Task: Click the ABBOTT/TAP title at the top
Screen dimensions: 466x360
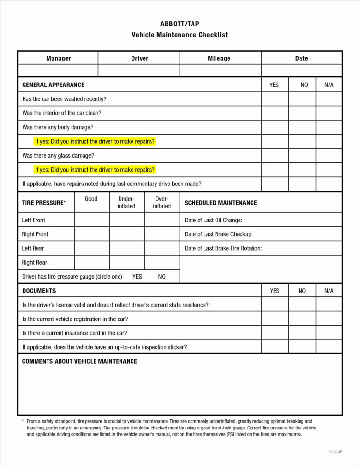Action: pyautogui.click(x=180, y=24)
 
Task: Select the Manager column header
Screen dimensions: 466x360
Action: pyautogui.click(x=58, y=58)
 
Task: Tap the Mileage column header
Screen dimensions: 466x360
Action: pyautogui.click(x=219, y=58)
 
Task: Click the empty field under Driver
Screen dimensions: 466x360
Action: pyautogui.click(x=139, y=71)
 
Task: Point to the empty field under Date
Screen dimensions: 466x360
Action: pyautogui.click(x=301, y=71)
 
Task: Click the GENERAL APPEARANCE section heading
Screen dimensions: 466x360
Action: pyautogui.click(x=53, y=85)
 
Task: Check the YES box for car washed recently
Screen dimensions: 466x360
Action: pyautogui.click(x=275, y=99)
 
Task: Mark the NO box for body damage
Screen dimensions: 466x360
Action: pyautogui.click(x=302, y=127)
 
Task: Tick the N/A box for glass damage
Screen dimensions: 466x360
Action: pyautogui.click(x=329, y=156)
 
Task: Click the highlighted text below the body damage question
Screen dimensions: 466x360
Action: pyautogui.click(x=95, y=142)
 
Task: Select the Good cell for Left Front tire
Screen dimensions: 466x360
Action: pyautogui.click(x=92, y=220)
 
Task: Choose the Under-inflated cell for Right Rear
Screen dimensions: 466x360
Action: pyautogui.click(x=127, y=262)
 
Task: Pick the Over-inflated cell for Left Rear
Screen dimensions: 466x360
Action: pyautogui.click(x=162, y=248)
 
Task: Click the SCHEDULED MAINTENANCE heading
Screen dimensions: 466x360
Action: pyautogui.click(x=221, y=203)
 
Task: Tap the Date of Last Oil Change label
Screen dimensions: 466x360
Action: pyautogui.click(x=214, y=220)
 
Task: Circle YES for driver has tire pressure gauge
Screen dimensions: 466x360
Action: pyautogui.click(x=137, y=277)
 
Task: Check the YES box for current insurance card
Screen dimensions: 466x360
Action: pyautogui.click(x=275, y=333)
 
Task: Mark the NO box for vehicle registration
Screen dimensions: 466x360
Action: pyautogui.click(x=302, y=319)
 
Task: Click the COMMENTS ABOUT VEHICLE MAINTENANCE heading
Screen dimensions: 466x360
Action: pyautogui.click(x=80, y=361)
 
